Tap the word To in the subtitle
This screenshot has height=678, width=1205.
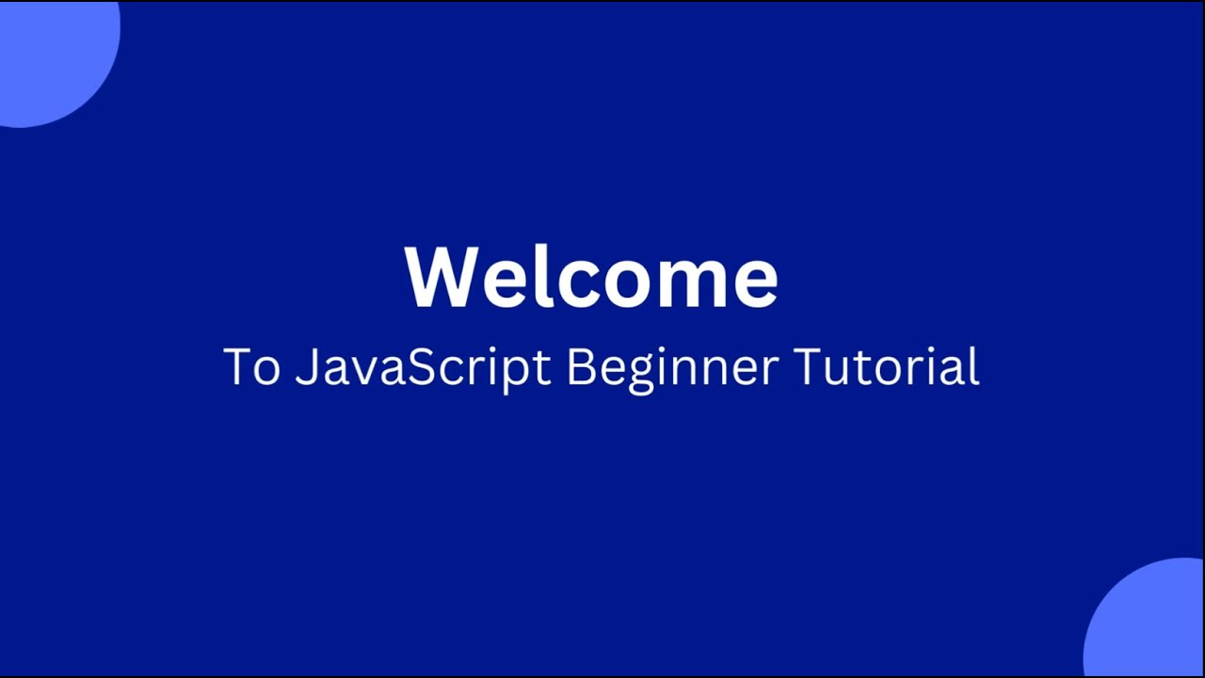pos(251,366)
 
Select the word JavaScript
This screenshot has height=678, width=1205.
pos(422,366)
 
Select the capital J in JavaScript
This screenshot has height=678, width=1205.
pos(304,366)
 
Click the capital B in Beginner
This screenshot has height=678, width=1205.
pos(579,366)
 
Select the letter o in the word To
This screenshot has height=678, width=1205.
pos(267,371)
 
